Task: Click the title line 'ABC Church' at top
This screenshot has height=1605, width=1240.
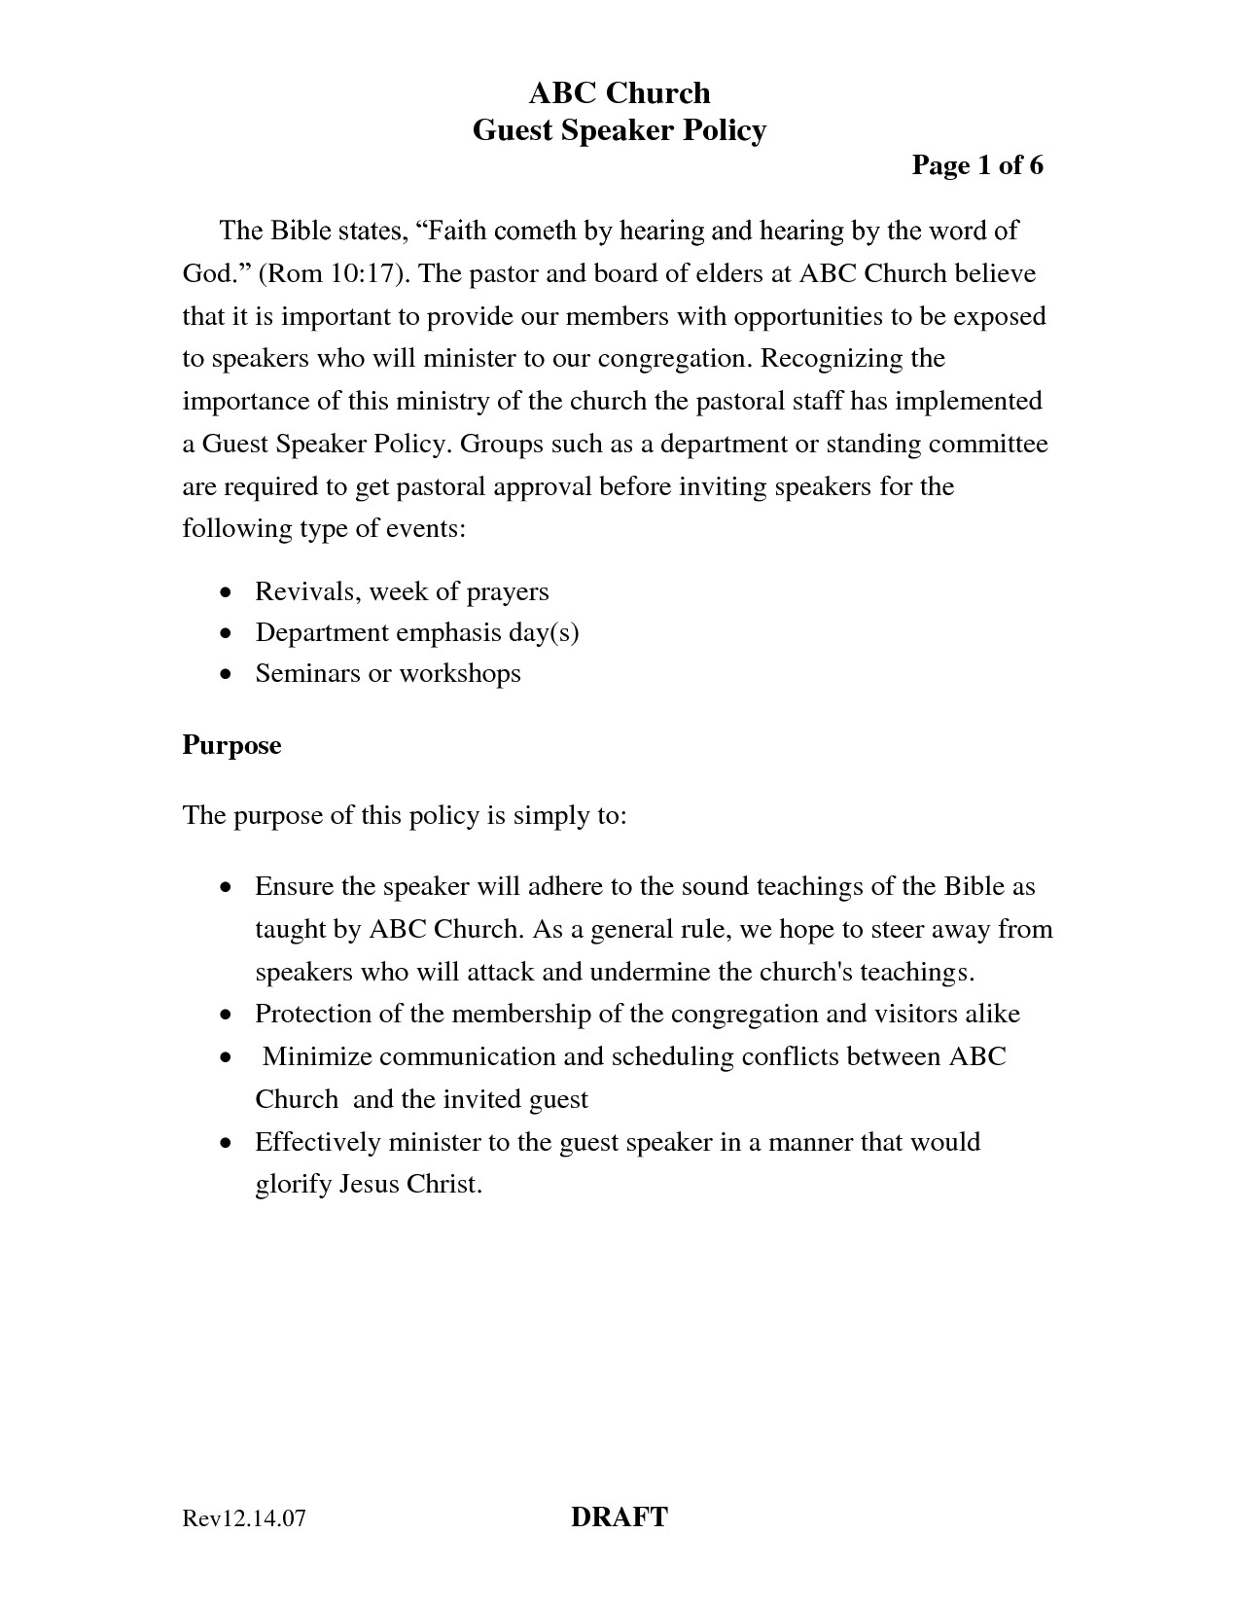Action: click(x=619, y=93)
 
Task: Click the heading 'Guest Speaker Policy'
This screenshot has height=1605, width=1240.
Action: click(x=619, y=130)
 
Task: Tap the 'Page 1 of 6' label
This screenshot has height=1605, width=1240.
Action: click(x=976, y=165)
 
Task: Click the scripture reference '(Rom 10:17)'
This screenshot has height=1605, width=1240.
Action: click(x=334, y=273)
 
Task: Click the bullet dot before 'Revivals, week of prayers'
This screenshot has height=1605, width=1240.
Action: click(x=226, y=592)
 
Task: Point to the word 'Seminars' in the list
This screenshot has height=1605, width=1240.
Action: click(x=307, y=673)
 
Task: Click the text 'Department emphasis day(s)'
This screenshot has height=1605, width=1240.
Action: click(x=416, y=632)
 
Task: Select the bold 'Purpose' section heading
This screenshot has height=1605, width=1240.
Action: click(x=231, y=745)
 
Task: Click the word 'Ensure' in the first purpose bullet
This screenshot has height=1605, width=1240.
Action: click(x=293, y=886)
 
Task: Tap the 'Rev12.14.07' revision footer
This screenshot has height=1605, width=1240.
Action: click(x=244, y=1518)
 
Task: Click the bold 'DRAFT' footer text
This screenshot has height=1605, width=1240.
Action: click(x=619, y=1516)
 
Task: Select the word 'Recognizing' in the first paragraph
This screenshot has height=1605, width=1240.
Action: click(x=831, y=359)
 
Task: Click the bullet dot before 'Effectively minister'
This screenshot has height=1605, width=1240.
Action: click(x=226, y=1143)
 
